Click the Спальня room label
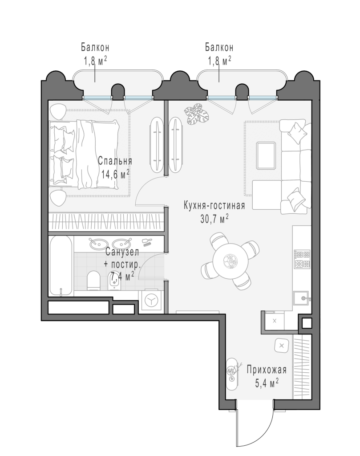pos(115,161)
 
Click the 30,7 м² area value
pos(214,218)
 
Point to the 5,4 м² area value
pos(267,382)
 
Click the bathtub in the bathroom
pos(61,265)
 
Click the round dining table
pos(230,261)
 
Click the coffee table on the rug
pos(267,155)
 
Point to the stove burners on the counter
pos(302,260)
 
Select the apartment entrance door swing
pos(254,423)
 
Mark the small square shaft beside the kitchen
pos(306,324)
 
